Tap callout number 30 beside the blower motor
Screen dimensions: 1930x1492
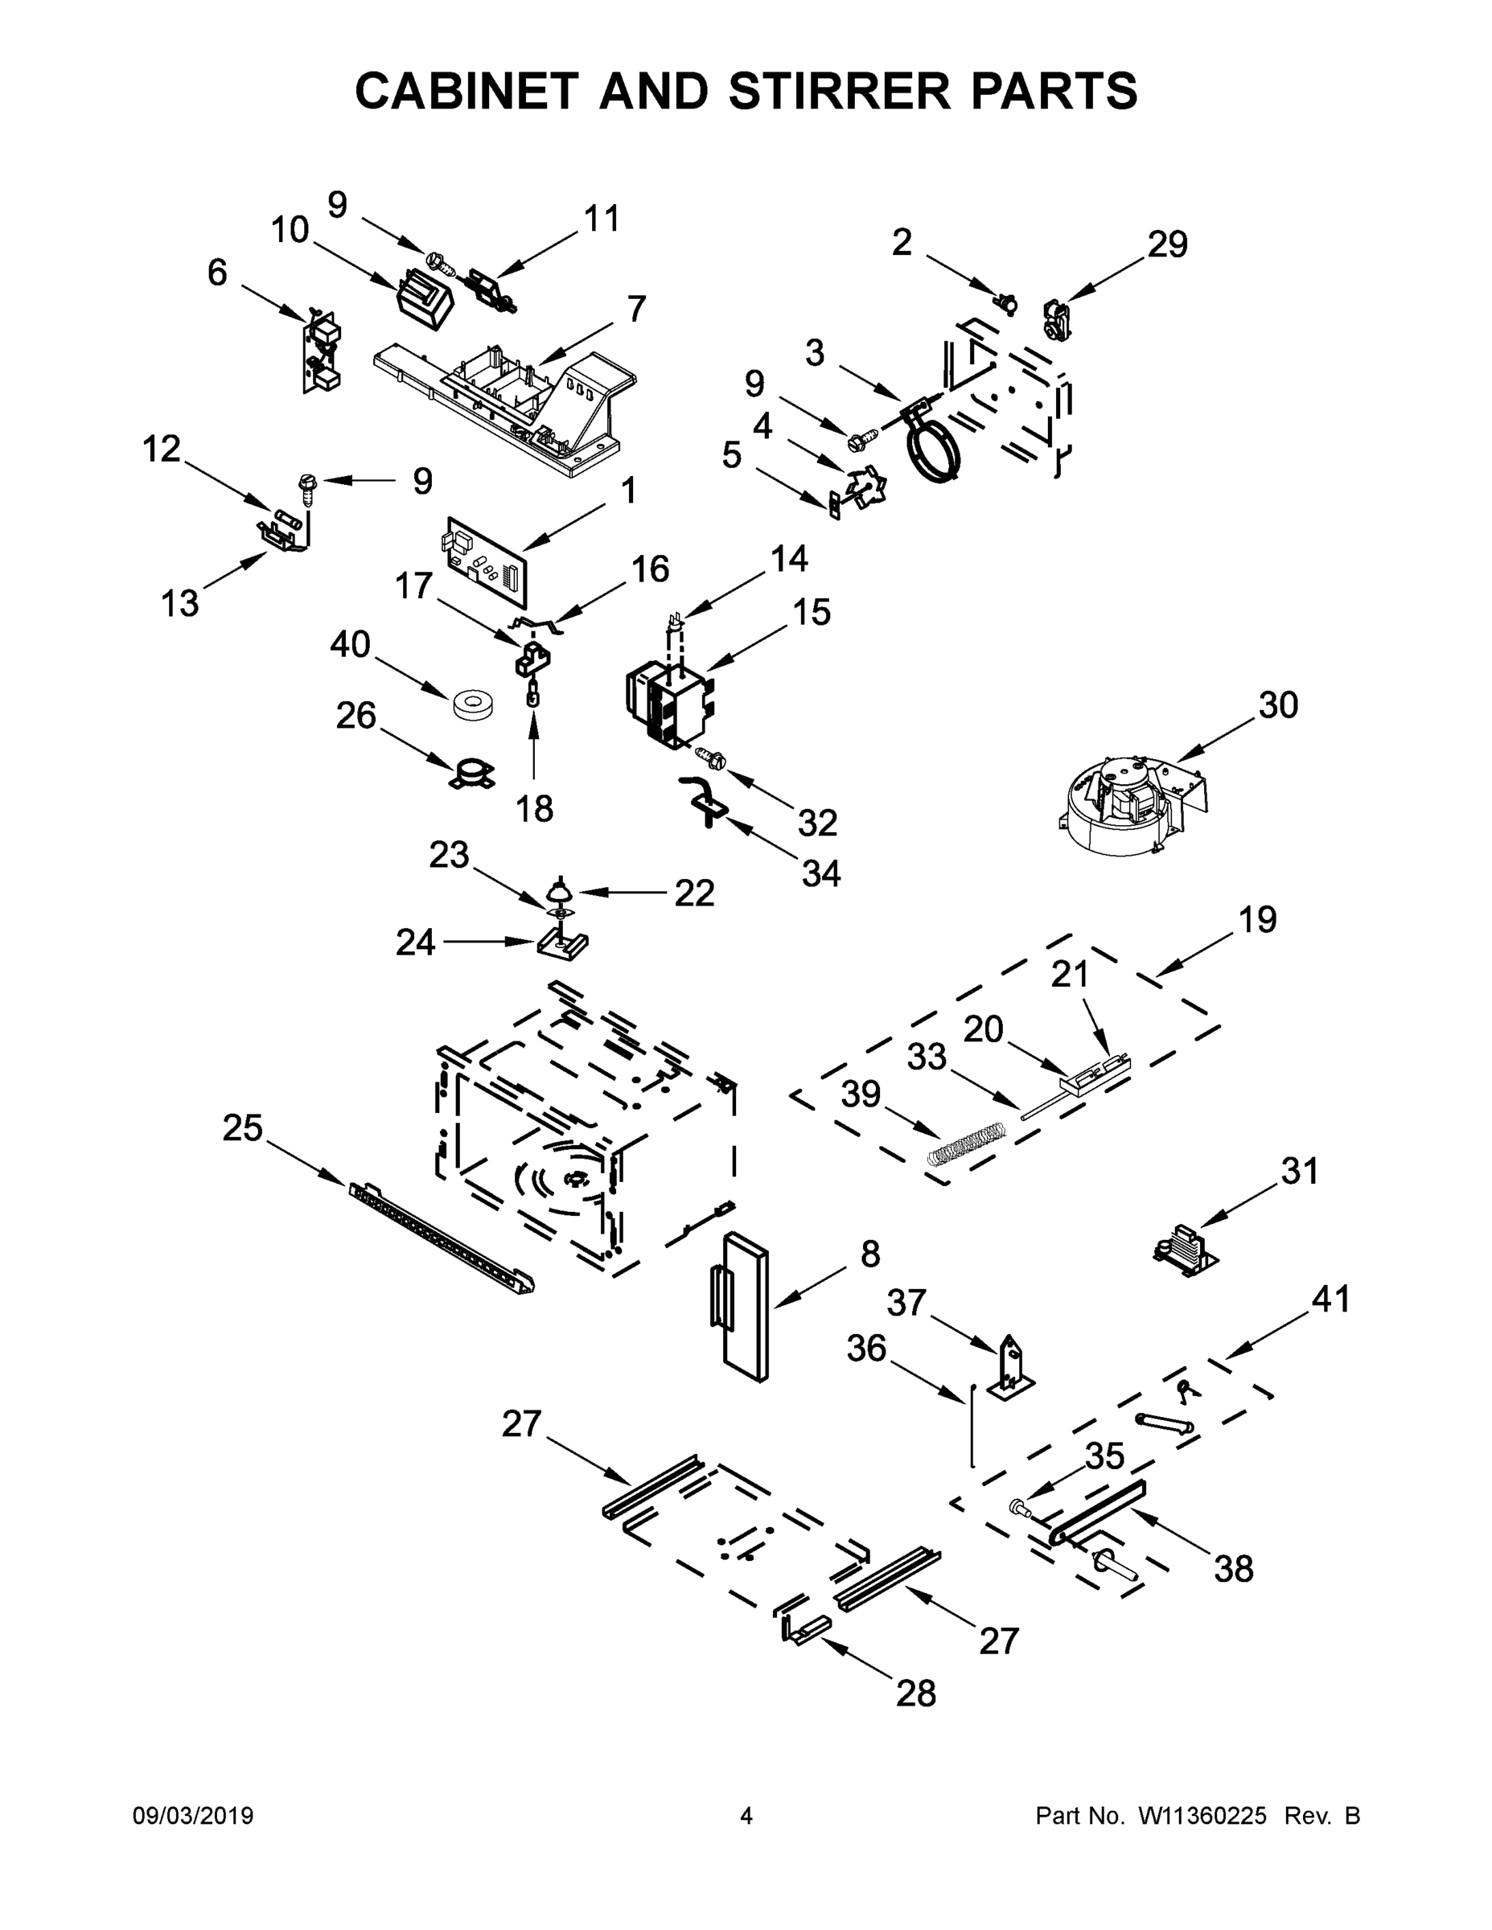(1277, 704)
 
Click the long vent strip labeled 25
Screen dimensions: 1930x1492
(442, 1240)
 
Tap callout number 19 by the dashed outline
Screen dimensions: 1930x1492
(1256, 919)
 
